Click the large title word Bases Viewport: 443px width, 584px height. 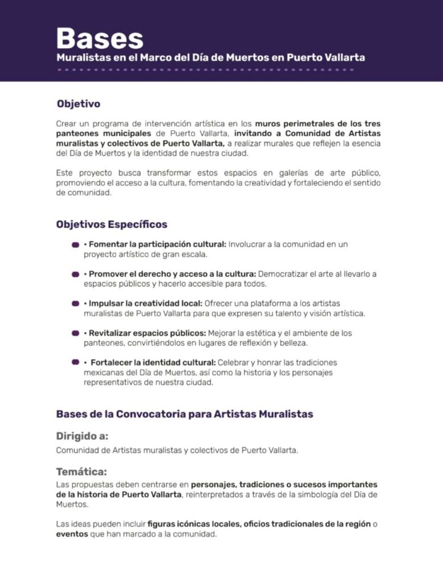[x=100, y=39]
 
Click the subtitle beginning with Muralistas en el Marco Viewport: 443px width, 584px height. [x=210, y=58]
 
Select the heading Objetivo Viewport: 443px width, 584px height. [x=78, y=104]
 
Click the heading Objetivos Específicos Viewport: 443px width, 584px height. [x=111, y=224]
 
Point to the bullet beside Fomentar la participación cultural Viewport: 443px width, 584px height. [x=75, y=245]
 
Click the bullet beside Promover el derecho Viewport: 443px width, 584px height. [x=75, y=274]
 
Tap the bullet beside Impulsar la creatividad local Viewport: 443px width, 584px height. [x=75, y=303]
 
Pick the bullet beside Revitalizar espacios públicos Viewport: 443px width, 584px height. [x=75, y=333]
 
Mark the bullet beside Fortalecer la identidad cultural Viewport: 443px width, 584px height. [x=75, y=362]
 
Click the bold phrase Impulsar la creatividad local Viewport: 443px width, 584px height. [x=145, y=303]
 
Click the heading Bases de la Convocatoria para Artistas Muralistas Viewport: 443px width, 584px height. [x=184, y=414]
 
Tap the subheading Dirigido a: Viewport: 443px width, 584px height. [x=82, y=436]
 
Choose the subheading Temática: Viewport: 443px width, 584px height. [x=82, y=472]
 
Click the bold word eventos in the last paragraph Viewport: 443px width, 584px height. [x=72, y=534]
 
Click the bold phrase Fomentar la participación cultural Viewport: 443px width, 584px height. [x=157, y=245]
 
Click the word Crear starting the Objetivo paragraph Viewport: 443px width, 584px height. [x=67, y=123]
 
